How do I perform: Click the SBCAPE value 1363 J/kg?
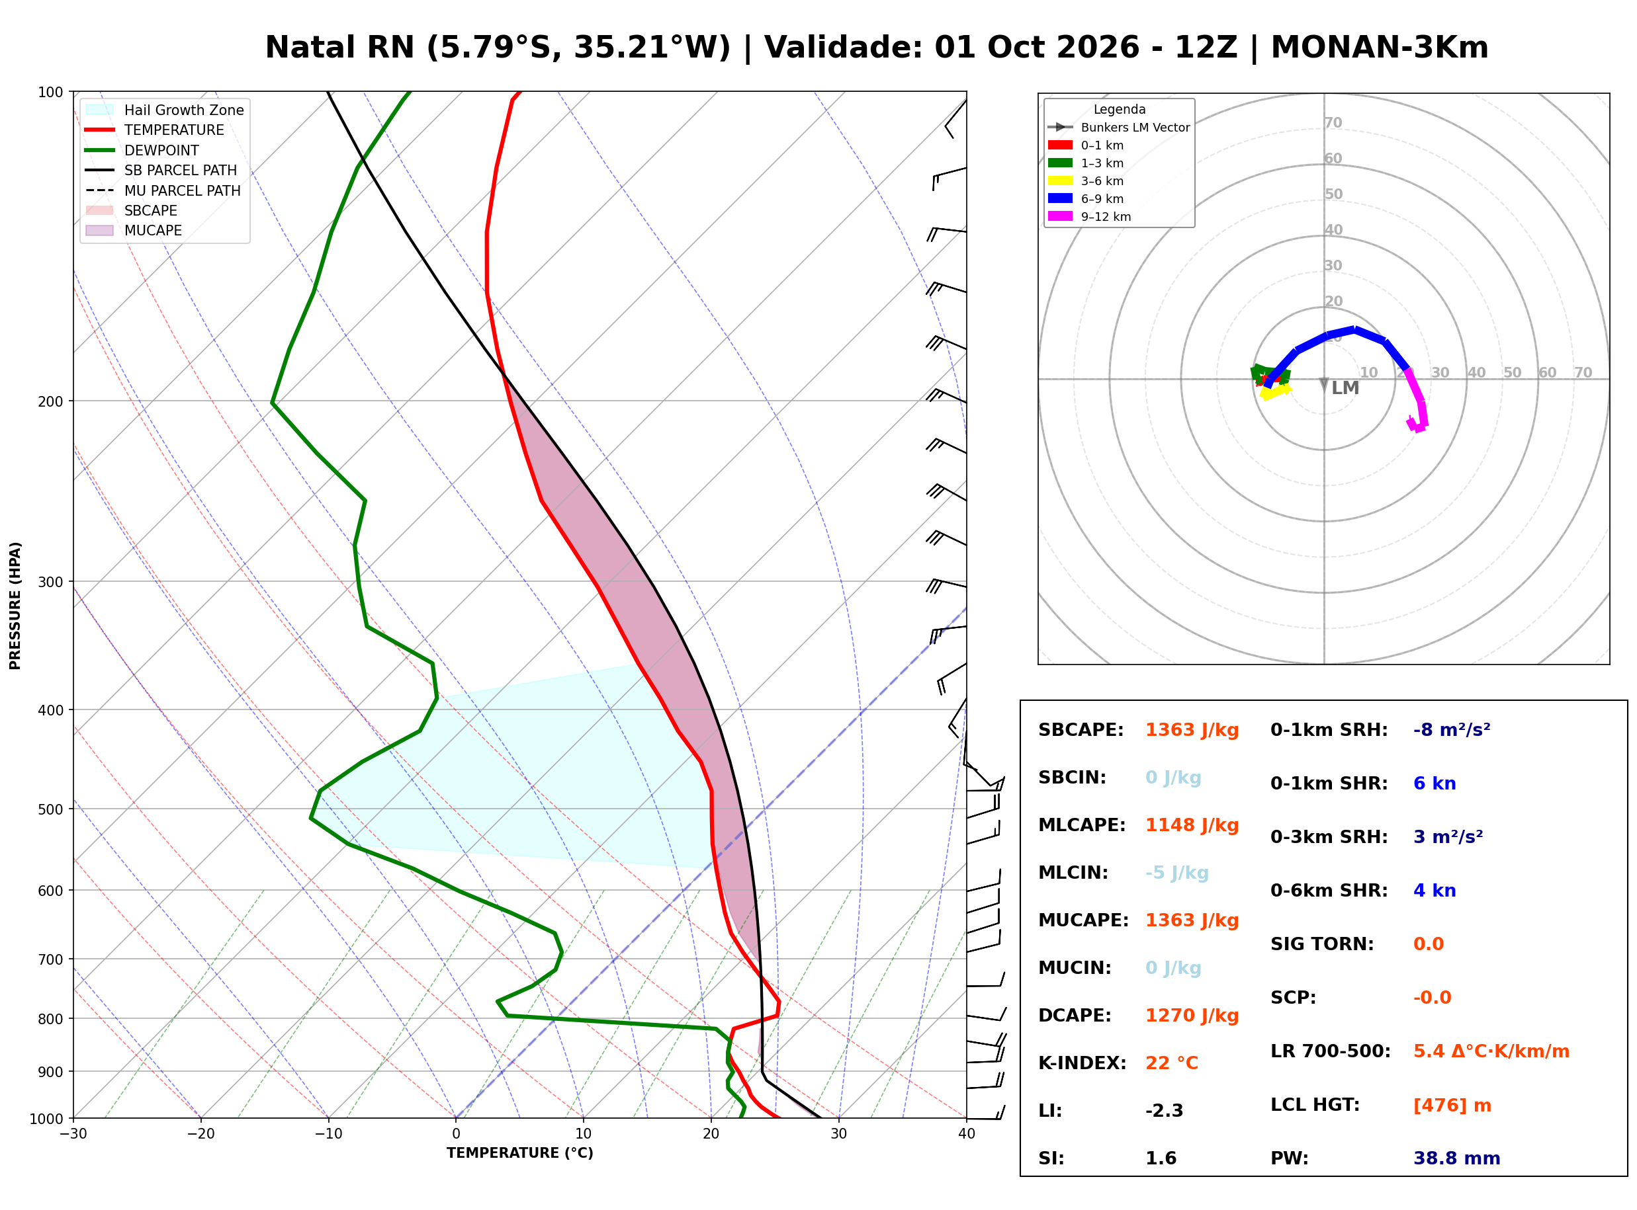(x=1192, y=730)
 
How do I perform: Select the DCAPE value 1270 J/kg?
(x=1192, y=1016)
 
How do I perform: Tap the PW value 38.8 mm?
(x=1457, y=1158)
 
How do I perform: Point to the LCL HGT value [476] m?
(x=1452, y=1106)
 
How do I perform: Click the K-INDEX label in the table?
(x=1083, y=1063)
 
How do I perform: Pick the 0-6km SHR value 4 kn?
(x=1435, y=891)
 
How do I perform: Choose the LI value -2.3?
(x=1165, y=1111)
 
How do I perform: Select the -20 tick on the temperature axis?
(x=200, y=1134)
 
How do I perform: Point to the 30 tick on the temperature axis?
(x=839, y=1134)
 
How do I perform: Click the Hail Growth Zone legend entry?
(x=165, y=110)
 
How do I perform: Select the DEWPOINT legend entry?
(x=142, y=150)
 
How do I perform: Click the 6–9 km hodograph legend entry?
(x=1086, y=198)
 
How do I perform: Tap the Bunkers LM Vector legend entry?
(x=1119, y=128)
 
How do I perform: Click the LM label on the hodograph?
(x=1345, y=388)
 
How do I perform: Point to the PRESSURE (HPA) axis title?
(x=15, y=606)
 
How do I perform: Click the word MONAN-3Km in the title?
(x=1380, y=48)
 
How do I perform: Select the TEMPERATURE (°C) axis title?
(x=520, y=1154)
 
